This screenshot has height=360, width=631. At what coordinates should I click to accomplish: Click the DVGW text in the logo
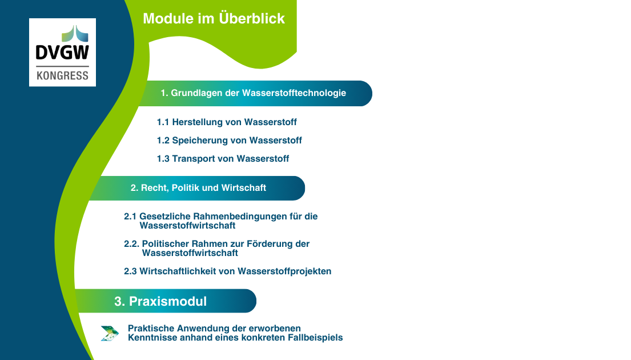[x=62, y=53]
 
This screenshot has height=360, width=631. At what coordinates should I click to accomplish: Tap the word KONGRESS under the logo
[x=62, y=75]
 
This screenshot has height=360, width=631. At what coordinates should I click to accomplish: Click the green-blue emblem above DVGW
[x=75, y=34]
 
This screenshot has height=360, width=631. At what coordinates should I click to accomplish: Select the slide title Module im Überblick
[x=214, y=18]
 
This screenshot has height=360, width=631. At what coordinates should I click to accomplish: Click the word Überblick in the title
[x=252, y=18]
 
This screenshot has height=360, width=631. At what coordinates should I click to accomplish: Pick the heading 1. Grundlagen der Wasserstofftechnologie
[x=253, y=93]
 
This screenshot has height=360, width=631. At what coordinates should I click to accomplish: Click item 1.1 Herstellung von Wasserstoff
[x=227, y=122]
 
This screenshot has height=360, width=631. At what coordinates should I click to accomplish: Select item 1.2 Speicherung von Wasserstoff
[x=229, y=141]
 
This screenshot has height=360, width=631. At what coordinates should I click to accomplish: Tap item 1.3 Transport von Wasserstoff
[x=223, y=159]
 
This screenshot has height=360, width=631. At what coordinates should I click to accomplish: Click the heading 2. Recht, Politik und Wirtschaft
[x=198, y=187]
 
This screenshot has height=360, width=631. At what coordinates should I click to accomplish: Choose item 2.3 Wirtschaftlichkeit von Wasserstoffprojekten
[x=227, y=271]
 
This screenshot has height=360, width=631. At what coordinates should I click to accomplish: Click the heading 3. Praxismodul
[x=160, y=301]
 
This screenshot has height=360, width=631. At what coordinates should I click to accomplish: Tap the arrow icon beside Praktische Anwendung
[x=110, y=333]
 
